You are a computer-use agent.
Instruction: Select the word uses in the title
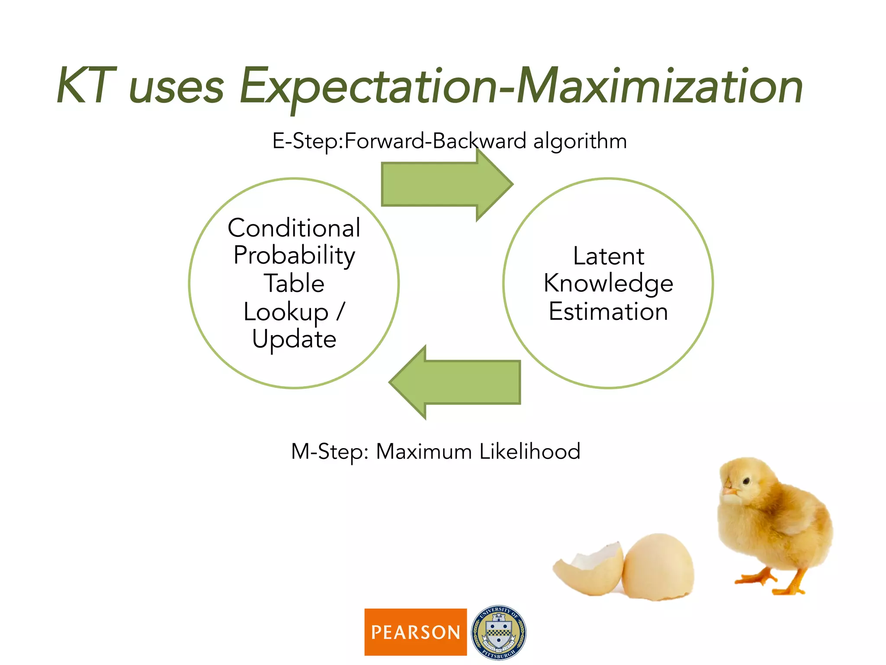[177, 89]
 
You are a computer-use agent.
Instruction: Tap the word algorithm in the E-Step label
[580, 142]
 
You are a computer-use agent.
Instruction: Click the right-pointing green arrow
[446, 184]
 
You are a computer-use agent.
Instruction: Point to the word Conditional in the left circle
[294, 228]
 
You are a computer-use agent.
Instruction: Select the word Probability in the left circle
[294, 256]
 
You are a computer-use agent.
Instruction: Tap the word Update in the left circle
[294, 339]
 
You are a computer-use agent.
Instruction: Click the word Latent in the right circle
[608, 256]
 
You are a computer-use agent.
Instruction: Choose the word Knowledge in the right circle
[608, 284]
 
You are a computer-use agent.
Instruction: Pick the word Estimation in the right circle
[608, 312]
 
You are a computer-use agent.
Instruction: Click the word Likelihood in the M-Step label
[530, 452]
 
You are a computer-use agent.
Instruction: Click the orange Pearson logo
[415, 632]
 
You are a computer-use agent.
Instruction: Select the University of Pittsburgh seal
[498, 632]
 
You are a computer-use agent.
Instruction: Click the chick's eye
[746, 481]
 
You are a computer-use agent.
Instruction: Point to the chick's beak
[729, 491]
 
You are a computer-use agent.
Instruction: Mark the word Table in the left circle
[294, 284]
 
